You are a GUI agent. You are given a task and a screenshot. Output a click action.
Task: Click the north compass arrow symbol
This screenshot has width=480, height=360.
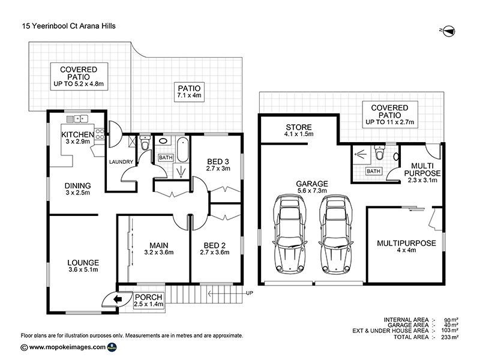tap(449, 31)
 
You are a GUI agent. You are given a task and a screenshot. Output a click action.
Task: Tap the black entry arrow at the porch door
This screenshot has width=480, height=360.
tap(118, 299)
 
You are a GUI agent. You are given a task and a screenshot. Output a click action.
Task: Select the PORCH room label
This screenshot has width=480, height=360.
tap(148, 297)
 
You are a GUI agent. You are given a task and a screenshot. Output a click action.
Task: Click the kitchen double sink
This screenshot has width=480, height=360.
tap(77, 118)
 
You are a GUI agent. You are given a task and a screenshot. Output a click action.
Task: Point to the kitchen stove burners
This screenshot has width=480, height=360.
tap(100, 134)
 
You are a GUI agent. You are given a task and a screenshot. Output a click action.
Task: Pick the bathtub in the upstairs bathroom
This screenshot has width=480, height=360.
tap(183, 149)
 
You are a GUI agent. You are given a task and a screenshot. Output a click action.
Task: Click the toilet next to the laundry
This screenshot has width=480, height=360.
tap(145, 143)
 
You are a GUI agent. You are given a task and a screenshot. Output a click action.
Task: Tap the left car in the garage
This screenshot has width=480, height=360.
tap(290, 234)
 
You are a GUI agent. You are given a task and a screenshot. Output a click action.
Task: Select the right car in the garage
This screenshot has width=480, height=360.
tap(336, 234)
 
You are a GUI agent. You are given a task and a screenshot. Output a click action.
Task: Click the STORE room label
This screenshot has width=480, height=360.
tap(299, 127)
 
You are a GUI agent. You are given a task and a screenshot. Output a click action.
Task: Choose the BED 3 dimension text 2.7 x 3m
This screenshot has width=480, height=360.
tap(218, 169)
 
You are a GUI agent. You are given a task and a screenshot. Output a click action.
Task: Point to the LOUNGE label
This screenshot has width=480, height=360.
tap(83, 263)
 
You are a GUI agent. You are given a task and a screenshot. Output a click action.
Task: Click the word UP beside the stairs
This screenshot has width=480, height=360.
tap(250, 293)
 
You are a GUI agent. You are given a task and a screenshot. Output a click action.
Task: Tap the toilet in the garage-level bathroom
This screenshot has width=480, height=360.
tap(379, 152)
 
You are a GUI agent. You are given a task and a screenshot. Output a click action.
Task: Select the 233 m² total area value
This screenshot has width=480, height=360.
tap(451, 337)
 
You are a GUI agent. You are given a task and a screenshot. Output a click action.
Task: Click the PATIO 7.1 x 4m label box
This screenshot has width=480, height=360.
tap(189, 92)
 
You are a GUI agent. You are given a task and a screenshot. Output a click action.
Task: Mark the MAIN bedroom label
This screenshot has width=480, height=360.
tap(159, 245)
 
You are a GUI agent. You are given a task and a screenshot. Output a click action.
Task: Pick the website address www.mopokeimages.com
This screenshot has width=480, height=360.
tap(67, 347)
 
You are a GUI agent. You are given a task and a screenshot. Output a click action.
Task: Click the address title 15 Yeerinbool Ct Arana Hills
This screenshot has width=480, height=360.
tap(69, 26)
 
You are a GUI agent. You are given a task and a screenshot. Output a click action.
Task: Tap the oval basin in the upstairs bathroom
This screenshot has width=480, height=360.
tap(163, 141)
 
